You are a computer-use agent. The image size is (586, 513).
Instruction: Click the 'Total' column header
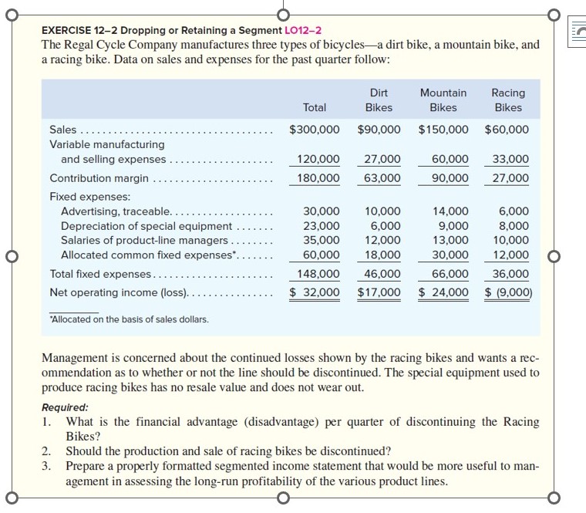coord(315,108)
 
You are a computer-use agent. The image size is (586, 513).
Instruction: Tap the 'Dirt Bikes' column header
coord(379,100)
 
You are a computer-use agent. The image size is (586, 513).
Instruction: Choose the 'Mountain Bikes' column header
coord(443,100)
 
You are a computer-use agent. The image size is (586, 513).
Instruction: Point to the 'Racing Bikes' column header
coord(508,100)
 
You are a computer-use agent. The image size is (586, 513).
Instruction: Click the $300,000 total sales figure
coord(314,129)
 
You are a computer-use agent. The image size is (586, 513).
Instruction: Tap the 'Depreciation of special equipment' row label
coord(146,226)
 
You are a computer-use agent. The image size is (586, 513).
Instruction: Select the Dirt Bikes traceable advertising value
coord(382,211)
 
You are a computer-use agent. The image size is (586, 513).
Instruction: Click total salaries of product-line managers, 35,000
coord(321,240)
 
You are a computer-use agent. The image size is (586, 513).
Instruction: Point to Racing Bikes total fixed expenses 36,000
coord(510,274)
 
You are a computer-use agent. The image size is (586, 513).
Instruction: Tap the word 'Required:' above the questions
coord(65,407)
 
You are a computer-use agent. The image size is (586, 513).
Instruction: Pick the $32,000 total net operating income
coord(314,292)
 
